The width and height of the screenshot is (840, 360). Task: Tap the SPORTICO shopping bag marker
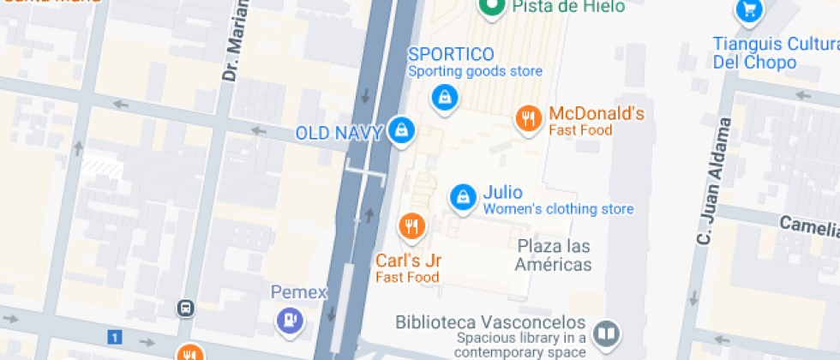444,97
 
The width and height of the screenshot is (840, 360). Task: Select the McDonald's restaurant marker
528,118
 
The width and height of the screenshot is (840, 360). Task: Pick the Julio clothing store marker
463,196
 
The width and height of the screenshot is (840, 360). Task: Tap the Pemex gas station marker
290,321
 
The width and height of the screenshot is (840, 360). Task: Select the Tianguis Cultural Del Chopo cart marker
749,10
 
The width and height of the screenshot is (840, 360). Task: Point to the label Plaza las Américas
554,255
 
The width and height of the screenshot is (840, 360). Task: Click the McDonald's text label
596,114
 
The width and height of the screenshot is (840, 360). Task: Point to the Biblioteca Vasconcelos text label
490,323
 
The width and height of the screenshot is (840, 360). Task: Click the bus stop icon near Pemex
185,307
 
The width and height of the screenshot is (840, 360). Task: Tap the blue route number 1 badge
114,337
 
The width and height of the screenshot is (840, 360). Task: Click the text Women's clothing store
558,209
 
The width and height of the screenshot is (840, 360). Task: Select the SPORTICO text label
450,55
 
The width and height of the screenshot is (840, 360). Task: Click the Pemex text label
299,292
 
